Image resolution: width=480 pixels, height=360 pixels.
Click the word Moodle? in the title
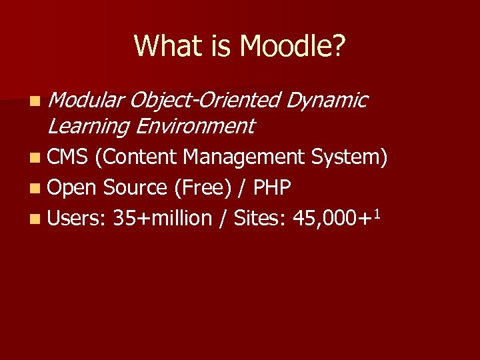pos(293,47)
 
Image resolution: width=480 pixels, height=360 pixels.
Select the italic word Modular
pos(86,100)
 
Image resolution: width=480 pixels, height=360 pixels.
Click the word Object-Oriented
pos(206,100)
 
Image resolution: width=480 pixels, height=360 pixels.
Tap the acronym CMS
pos(69,157)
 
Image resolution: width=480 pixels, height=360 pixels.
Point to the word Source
pos(136,188)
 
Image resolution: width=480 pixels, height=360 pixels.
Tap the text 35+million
pos(163,218)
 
